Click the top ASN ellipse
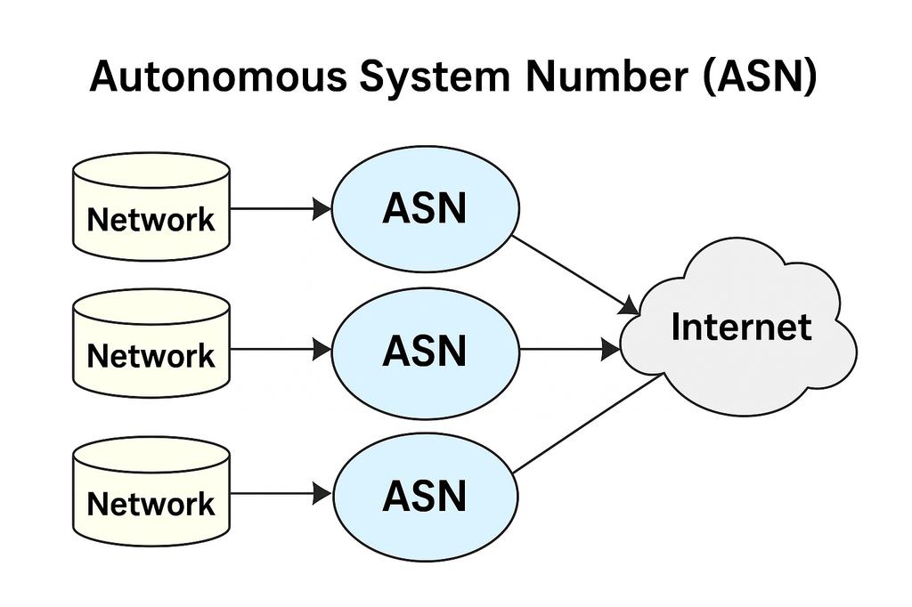425,208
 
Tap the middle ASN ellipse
425,351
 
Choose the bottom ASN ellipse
425,496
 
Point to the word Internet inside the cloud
741,327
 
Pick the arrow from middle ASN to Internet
570,350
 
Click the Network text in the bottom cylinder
151,504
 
